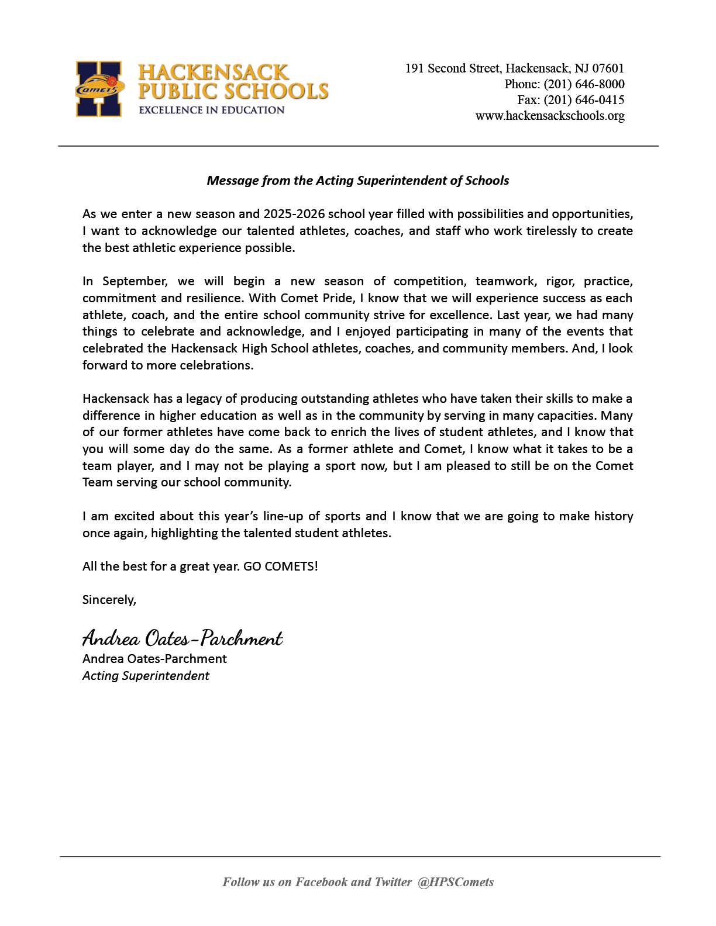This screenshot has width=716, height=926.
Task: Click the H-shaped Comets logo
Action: pos(99,89)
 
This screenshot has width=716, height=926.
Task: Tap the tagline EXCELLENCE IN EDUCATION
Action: pos(211,110)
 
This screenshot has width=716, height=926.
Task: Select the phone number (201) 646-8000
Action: pos(584,84)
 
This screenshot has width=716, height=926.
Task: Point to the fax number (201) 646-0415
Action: pos(584,100)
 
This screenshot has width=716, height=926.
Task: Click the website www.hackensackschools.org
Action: pos(550,116)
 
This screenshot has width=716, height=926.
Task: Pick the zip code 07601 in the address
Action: pos(608,68)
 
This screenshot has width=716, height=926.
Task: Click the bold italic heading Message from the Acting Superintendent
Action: pos(357,181)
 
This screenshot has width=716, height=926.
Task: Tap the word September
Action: pos(135,281)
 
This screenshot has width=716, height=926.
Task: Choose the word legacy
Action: pos(204,399)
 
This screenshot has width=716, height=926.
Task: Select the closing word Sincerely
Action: pos(109,600)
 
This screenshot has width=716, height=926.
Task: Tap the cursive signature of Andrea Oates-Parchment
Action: pos(182,637)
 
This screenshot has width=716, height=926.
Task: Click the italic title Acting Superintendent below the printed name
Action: pos(146,676)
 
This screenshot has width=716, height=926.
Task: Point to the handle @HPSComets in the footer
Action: pos(456,882)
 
